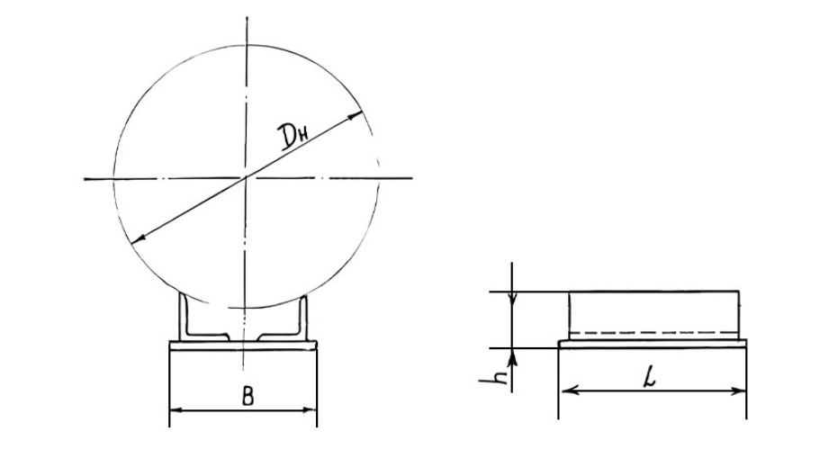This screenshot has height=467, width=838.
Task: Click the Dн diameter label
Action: click(x=294, y=136)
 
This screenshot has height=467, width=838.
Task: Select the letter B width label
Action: click(x=248, y=397)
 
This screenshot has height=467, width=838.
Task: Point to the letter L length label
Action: click(x=649, y=378)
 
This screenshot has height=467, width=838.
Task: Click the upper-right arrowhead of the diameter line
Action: click(x=355, y=115)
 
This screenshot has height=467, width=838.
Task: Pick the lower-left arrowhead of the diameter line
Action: click(x=138, y=240)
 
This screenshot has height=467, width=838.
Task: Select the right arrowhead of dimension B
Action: click(x=310, y=410)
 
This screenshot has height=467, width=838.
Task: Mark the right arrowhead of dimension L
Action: click(x=738, y=391)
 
